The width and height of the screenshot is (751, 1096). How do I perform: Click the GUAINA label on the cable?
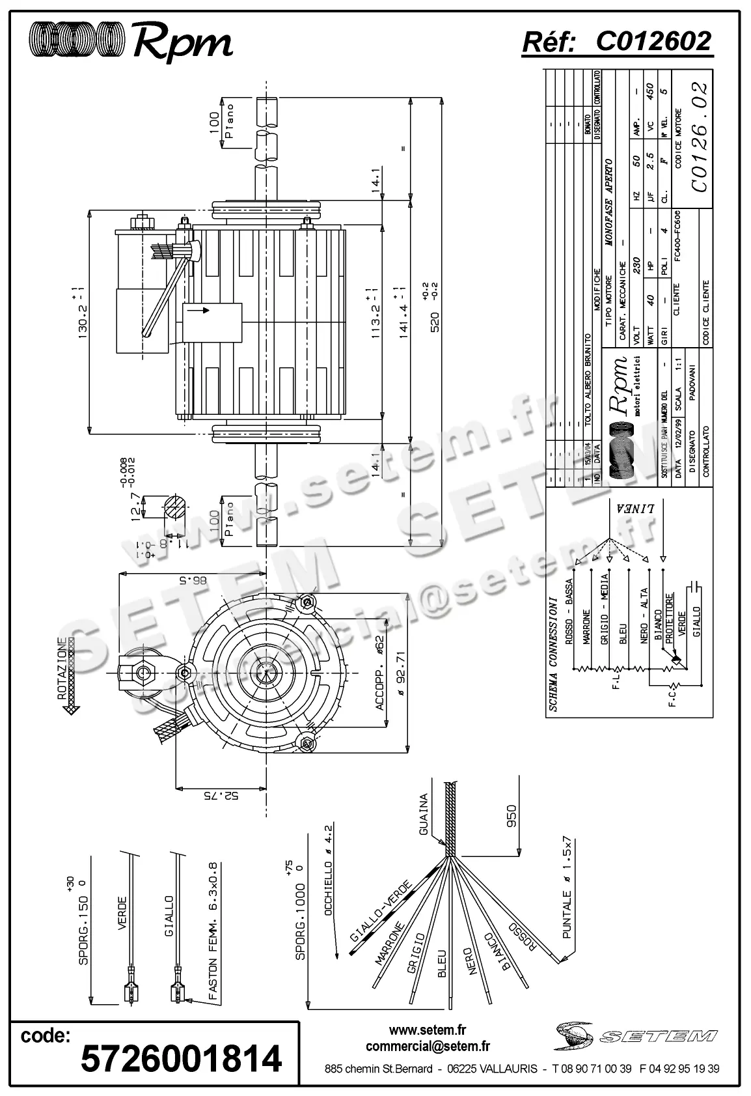(x=424, y=814)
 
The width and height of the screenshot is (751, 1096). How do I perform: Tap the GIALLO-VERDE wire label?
(x=380, y=912)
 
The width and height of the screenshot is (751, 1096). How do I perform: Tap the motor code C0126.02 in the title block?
(x=698, y=137)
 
